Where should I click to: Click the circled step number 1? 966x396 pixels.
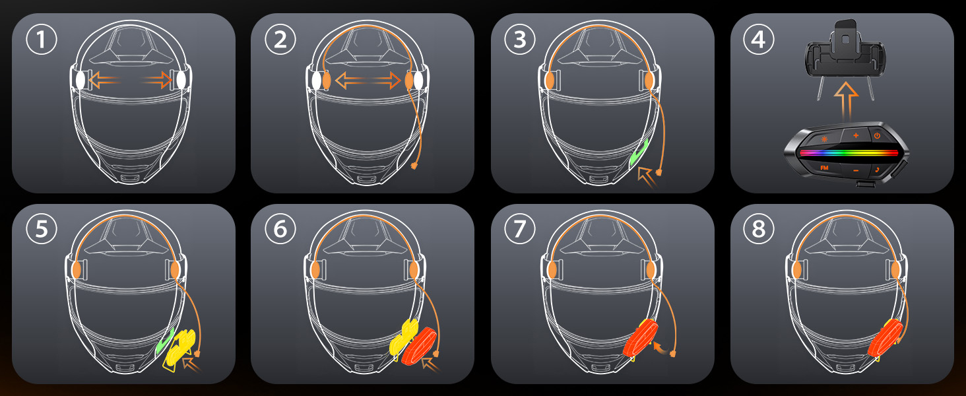tap(42, 40)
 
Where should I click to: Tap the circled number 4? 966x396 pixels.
tap(759, 40)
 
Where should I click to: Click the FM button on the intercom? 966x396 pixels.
tap(824, 169)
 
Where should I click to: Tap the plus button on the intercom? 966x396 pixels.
tap(856, 135)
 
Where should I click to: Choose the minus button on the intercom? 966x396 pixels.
tap(856, 171)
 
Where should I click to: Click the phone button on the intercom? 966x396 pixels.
tap(878, 170)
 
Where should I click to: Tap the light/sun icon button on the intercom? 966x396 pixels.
tap(824, 139)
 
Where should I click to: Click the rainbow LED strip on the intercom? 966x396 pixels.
tap(849, 153)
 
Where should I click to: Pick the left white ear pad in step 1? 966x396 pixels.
tap(79, 81)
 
